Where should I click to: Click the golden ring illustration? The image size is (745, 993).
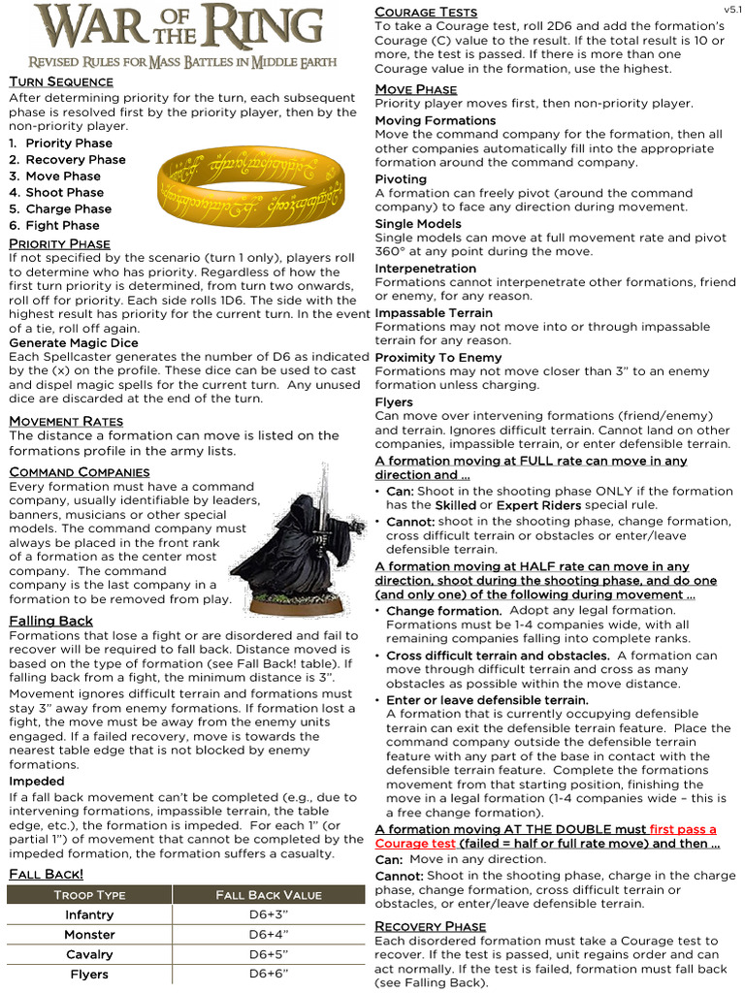[x=252, y=183]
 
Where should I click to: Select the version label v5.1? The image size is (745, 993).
[x=732, y=9]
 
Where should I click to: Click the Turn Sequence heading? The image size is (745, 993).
[x=61, y=81]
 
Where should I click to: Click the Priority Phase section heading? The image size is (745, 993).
[x=59, y=243]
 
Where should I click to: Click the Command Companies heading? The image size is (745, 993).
[x=79, y=471]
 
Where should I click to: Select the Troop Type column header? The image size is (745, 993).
[x=89, y=894]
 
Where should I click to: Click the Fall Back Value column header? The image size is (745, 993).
[x=268, y=894]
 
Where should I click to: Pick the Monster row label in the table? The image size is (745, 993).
[x=89, y=935]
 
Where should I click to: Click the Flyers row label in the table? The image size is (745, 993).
[x=89, y=975]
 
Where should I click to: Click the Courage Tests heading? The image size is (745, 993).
[x=426, y=12]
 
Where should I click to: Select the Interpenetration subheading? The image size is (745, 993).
[x=426, y=268]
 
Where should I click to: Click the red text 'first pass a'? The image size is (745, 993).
[x=683, y=829]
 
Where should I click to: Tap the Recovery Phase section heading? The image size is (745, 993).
[x=430, y=926]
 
